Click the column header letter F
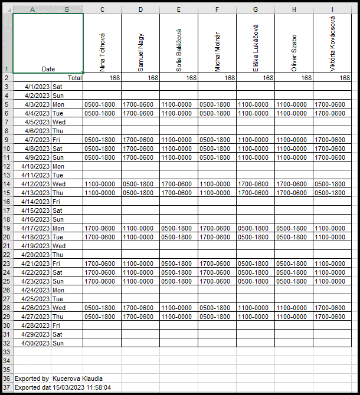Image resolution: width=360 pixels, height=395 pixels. pos(217,9)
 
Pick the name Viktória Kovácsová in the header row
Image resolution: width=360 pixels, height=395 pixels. pos(332,44)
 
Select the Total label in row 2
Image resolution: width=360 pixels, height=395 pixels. pos(74,78)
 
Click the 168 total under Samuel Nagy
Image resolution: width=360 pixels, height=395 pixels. pos(152,78)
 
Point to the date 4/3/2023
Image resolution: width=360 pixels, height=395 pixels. pos(37,104)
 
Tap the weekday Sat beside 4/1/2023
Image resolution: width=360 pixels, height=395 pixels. pos(58,87)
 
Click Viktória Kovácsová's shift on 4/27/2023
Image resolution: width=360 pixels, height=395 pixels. pos(331,316)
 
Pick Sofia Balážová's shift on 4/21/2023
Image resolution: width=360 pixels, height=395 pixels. pos(178,263)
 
